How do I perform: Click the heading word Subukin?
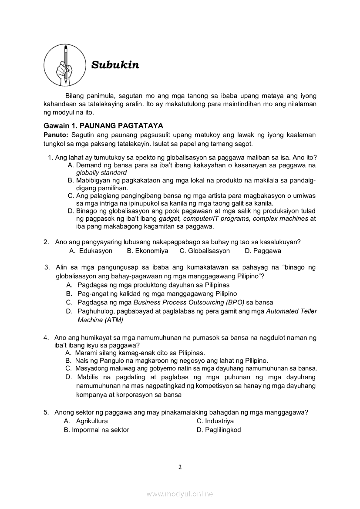(115, 65)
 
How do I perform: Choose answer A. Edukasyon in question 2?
(91, 251)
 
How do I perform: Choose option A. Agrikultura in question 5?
(86, 421)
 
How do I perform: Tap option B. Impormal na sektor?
(97, 430)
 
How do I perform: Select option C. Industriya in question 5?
(215, 421)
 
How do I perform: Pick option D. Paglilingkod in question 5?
(219, 430)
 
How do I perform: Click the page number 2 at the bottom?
(180, 467)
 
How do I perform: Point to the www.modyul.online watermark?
(180, 494)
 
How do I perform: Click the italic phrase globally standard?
(101, 172)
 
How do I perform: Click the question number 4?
(46, 337)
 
